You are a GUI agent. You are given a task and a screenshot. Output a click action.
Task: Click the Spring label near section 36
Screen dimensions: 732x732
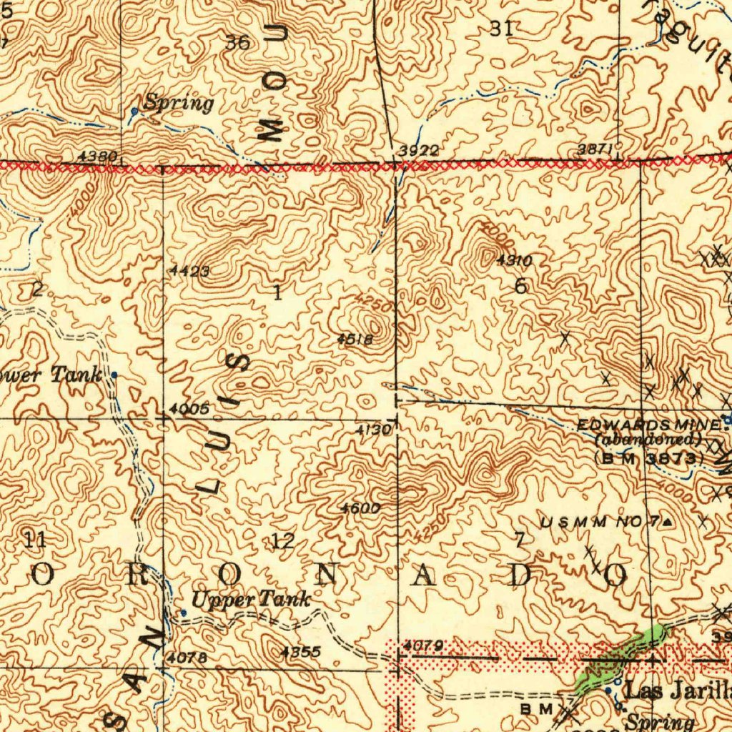click(x=178, y=103)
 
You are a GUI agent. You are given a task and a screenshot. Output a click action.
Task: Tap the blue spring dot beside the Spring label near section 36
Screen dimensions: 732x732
click(x=134, y=112)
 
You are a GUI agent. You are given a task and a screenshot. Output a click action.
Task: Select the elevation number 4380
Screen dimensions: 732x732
click(x=99, y=156)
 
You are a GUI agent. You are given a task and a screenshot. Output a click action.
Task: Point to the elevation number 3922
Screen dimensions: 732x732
click(x=418, y=151)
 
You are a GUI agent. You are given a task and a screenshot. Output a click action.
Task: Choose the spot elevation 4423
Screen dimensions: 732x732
click(x=190, y=271)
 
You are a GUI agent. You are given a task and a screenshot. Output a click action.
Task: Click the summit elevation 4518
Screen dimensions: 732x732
click(x=355, y=340)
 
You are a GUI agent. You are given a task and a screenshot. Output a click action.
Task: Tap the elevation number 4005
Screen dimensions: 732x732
click(x=189, y=409)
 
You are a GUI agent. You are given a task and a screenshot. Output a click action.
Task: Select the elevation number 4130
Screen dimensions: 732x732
click(x=373, y=430)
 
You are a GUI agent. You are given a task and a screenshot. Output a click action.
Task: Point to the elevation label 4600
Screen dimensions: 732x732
click(x=360, y=508)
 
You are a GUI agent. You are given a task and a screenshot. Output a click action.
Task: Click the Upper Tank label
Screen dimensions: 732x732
click(x=252, y=599)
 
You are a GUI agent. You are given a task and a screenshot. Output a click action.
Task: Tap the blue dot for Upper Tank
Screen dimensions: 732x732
click(x=183, y=613)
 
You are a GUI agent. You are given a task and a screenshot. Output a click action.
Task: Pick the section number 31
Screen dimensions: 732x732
click(x=501, y=29)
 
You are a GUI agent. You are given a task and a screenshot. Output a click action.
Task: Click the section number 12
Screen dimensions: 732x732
click(x=282, y=540)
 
